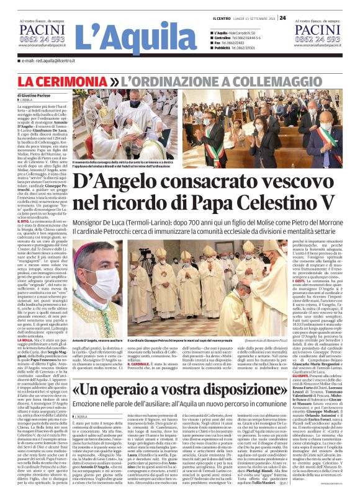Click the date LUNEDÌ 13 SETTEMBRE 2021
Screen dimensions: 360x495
(x=251, y=18)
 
